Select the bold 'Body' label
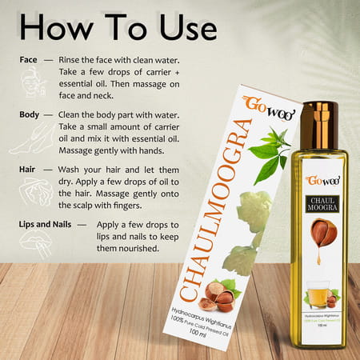point(30,114)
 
